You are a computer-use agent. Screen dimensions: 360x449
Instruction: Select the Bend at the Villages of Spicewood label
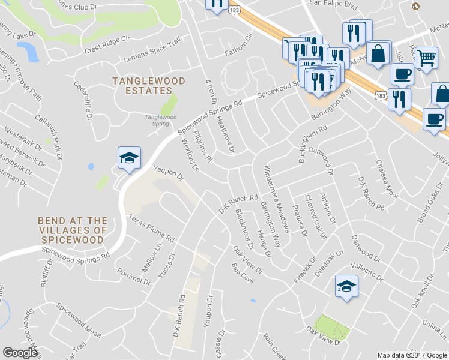pos(73,230)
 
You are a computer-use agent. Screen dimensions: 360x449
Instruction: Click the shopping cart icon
pos(426,59)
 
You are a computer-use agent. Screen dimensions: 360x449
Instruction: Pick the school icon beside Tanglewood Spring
pos(129,158)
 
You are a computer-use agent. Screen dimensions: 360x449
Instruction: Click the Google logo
pos(20,353)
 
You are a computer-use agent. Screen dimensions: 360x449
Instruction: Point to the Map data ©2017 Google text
pos(412,355)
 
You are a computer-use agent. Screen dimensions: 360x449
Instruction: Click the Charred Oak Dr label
pos(314,214)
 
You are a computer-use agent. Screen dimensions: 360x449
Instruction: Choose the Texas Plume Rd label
pos(150,229)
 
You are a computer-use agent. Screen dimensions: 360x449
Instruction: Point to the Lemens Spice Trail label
pos(152,52)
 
